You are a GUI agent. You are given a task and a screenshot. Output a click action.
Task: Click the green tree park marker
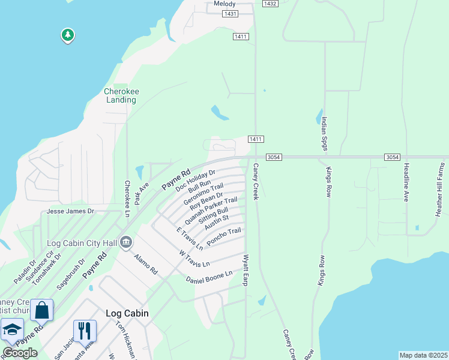tap(68, 35)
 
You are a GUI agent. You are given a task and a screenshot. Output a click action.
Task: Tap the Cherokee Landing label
tap(121, 95)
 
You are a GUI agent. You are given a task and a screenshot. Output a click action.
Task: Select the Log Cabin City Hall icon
tap(126, 242)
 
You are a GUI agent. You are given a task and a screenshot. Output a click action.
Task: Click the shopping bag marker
tap(41, 311)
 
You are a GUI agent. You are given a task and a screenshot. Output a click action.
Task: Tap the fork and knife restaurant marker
tap(85, 330)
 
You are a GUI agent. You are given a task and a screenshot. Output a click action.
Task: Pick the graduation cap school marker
tap(12, 331)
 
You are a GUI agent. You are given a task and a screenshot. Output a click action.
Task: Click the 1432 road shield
tap(270, 4)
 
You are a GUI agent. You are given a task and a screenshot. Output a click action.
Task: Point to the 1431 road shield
tap(229, 13)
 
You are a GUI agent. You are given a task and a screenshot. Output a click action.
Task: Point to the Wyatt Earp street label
tap(245, 270)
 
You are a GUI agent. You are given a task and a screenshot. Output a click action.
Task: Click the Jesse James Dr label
tap(71, 211)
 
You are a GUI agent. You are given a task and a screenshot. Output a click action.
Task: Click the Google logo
tap(20, 353)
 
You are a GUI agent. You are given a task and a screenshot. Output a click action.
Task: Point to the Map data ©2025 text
tap(423, 355)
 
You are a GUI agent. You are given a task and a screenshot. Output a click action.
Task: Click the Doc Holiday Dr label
tap(195, 179)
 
